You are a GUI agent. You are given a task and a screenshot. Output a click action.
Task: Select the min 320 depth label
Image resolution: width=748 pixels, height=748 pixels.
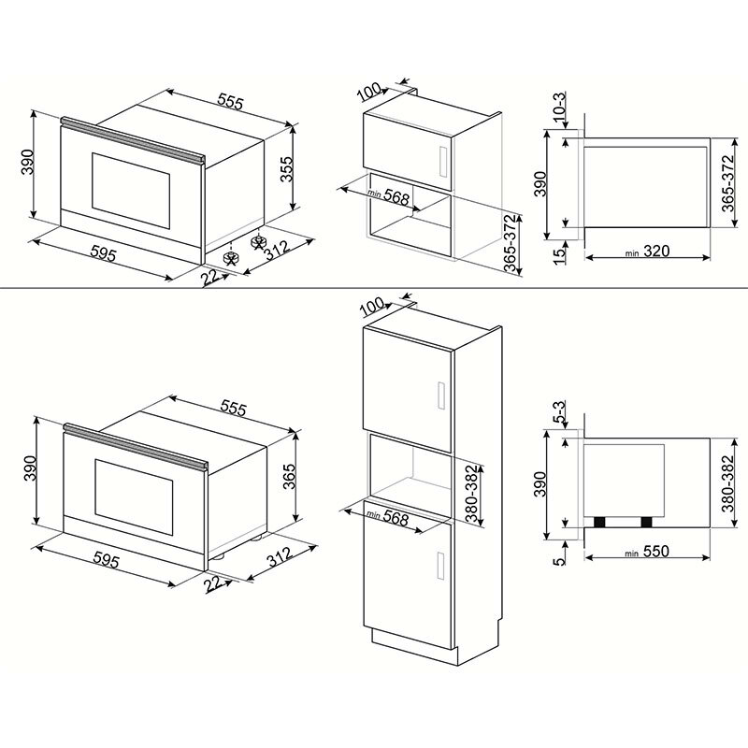click(644, 252)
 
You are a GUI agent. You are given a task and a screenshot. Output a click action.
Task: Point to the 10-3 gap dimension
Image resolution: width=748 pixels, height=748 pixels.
click(559, 108)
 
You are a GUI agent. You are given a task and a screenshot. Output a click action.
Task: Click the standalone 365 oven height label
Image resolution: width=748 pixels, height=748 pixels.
click(289, 477)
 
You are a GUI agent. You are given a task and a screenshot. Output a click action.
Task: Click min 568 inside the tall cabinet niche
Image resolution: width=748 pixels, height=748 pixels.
click(387, 517)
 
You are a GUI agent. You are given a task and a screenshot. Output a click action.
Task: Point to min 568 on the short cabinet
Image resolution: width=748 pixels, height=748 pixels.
click(387, 197)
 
